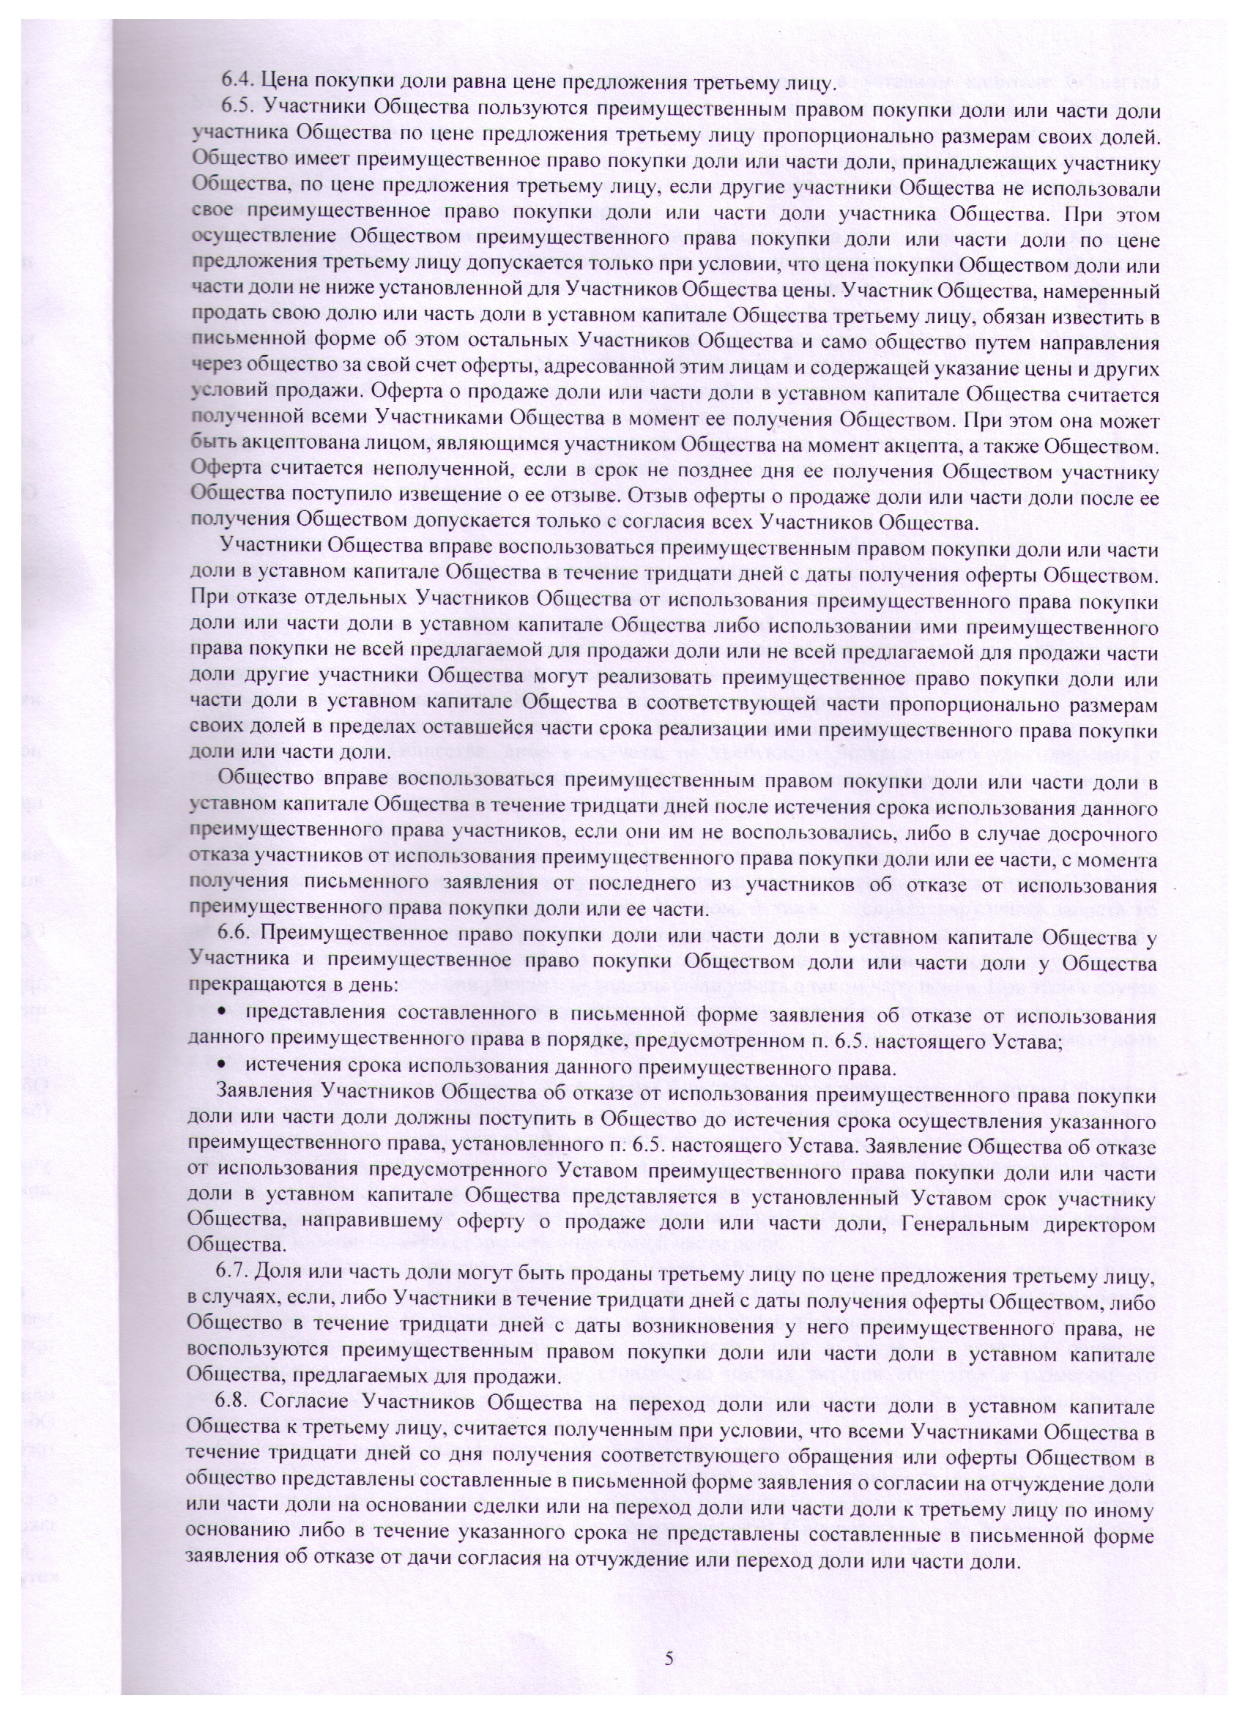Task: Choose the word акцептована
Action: [x=299, y=447]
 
